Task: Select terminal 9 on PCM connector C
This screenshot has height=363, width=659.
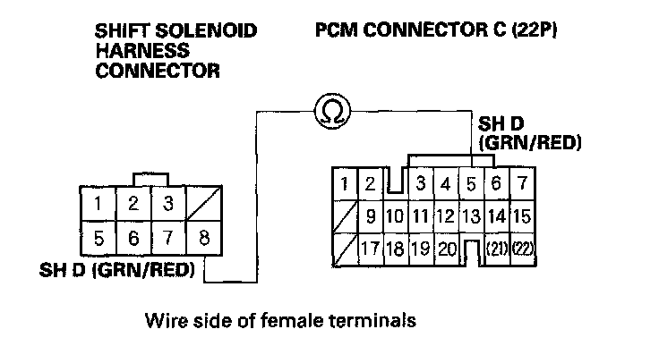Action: coord(371,215)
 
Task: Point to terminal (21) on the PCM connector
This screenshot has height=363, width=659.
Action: coord(497,248)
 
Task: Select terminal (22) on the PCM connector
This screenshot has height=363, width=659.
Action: coord(525,248)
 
